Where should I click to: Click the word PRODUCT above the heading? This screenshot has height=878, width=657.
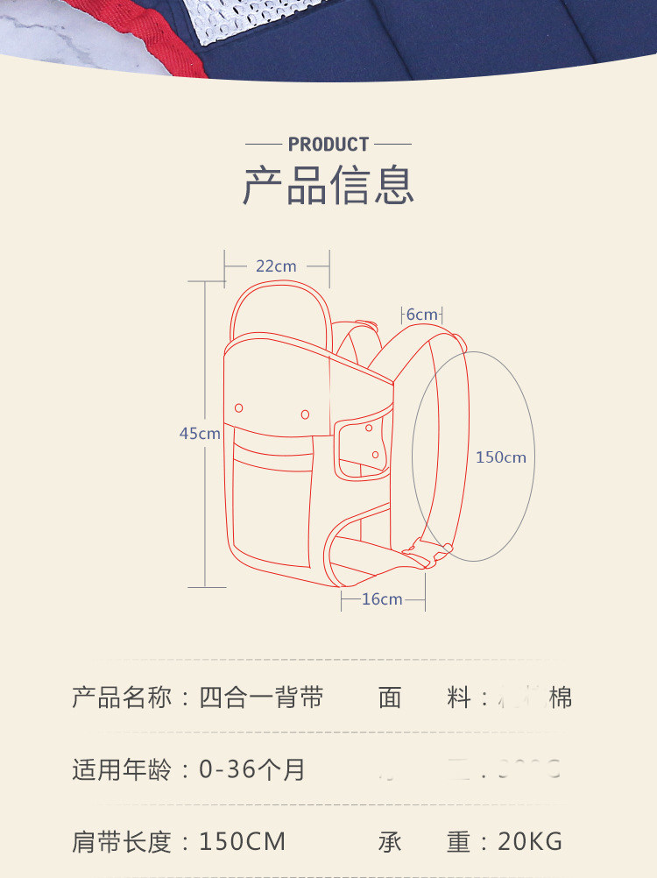328,144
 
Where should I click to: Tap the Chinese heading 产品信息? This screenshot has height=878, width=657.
328,185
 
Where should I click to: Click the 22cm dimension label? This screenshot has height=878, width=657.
276,266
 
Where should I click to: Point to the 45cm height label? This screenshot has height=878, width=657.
200,433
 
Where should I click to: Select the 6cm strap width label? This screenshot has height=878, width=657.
421,315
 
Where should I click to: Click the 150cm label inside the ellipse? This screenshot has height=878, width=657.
501,457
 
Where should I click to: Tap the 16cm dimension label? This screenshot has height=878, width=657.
382,599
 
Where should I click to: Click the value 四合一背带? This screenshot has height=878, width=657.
261,697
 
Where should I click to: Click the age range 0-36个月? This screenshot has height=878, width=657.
252,770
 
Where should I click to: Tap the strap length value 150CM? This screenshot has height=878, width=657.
243,842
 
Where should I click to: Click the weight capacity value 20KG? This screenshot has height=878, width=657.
530,842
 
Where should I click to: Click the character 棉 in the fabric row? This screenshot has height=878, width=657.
561,697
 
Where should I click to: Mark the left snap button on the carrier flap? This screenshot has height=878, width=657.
239,407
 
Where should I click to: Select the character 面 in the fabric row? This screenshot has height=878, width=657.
390,697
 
